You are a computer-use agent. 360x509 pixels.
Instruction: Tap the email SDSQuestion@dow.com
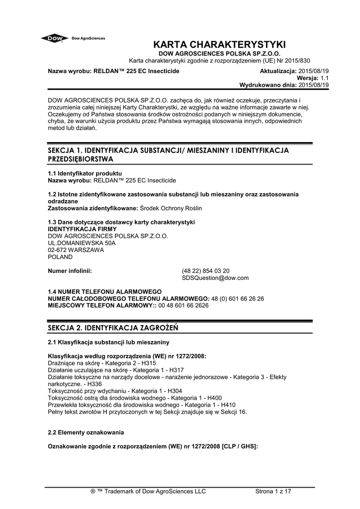pos(215,278)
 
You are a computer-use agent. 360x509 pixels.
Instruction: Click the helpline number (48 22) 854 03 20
pos(206,271)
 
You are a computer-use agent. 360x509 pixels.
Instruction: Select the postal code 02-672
pos(57,250)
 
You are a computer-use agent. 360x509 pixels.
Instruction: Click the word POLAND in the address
pos(60,257)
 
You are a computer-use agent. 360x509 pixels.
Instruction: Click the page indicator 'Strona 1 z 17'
pos(273,492)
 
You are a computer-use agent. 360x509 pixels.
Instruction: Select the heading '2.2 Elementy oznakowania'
pos(85,433)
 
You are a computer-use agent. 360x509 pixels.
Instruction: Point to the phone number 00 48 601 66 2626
pos(184,306)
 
